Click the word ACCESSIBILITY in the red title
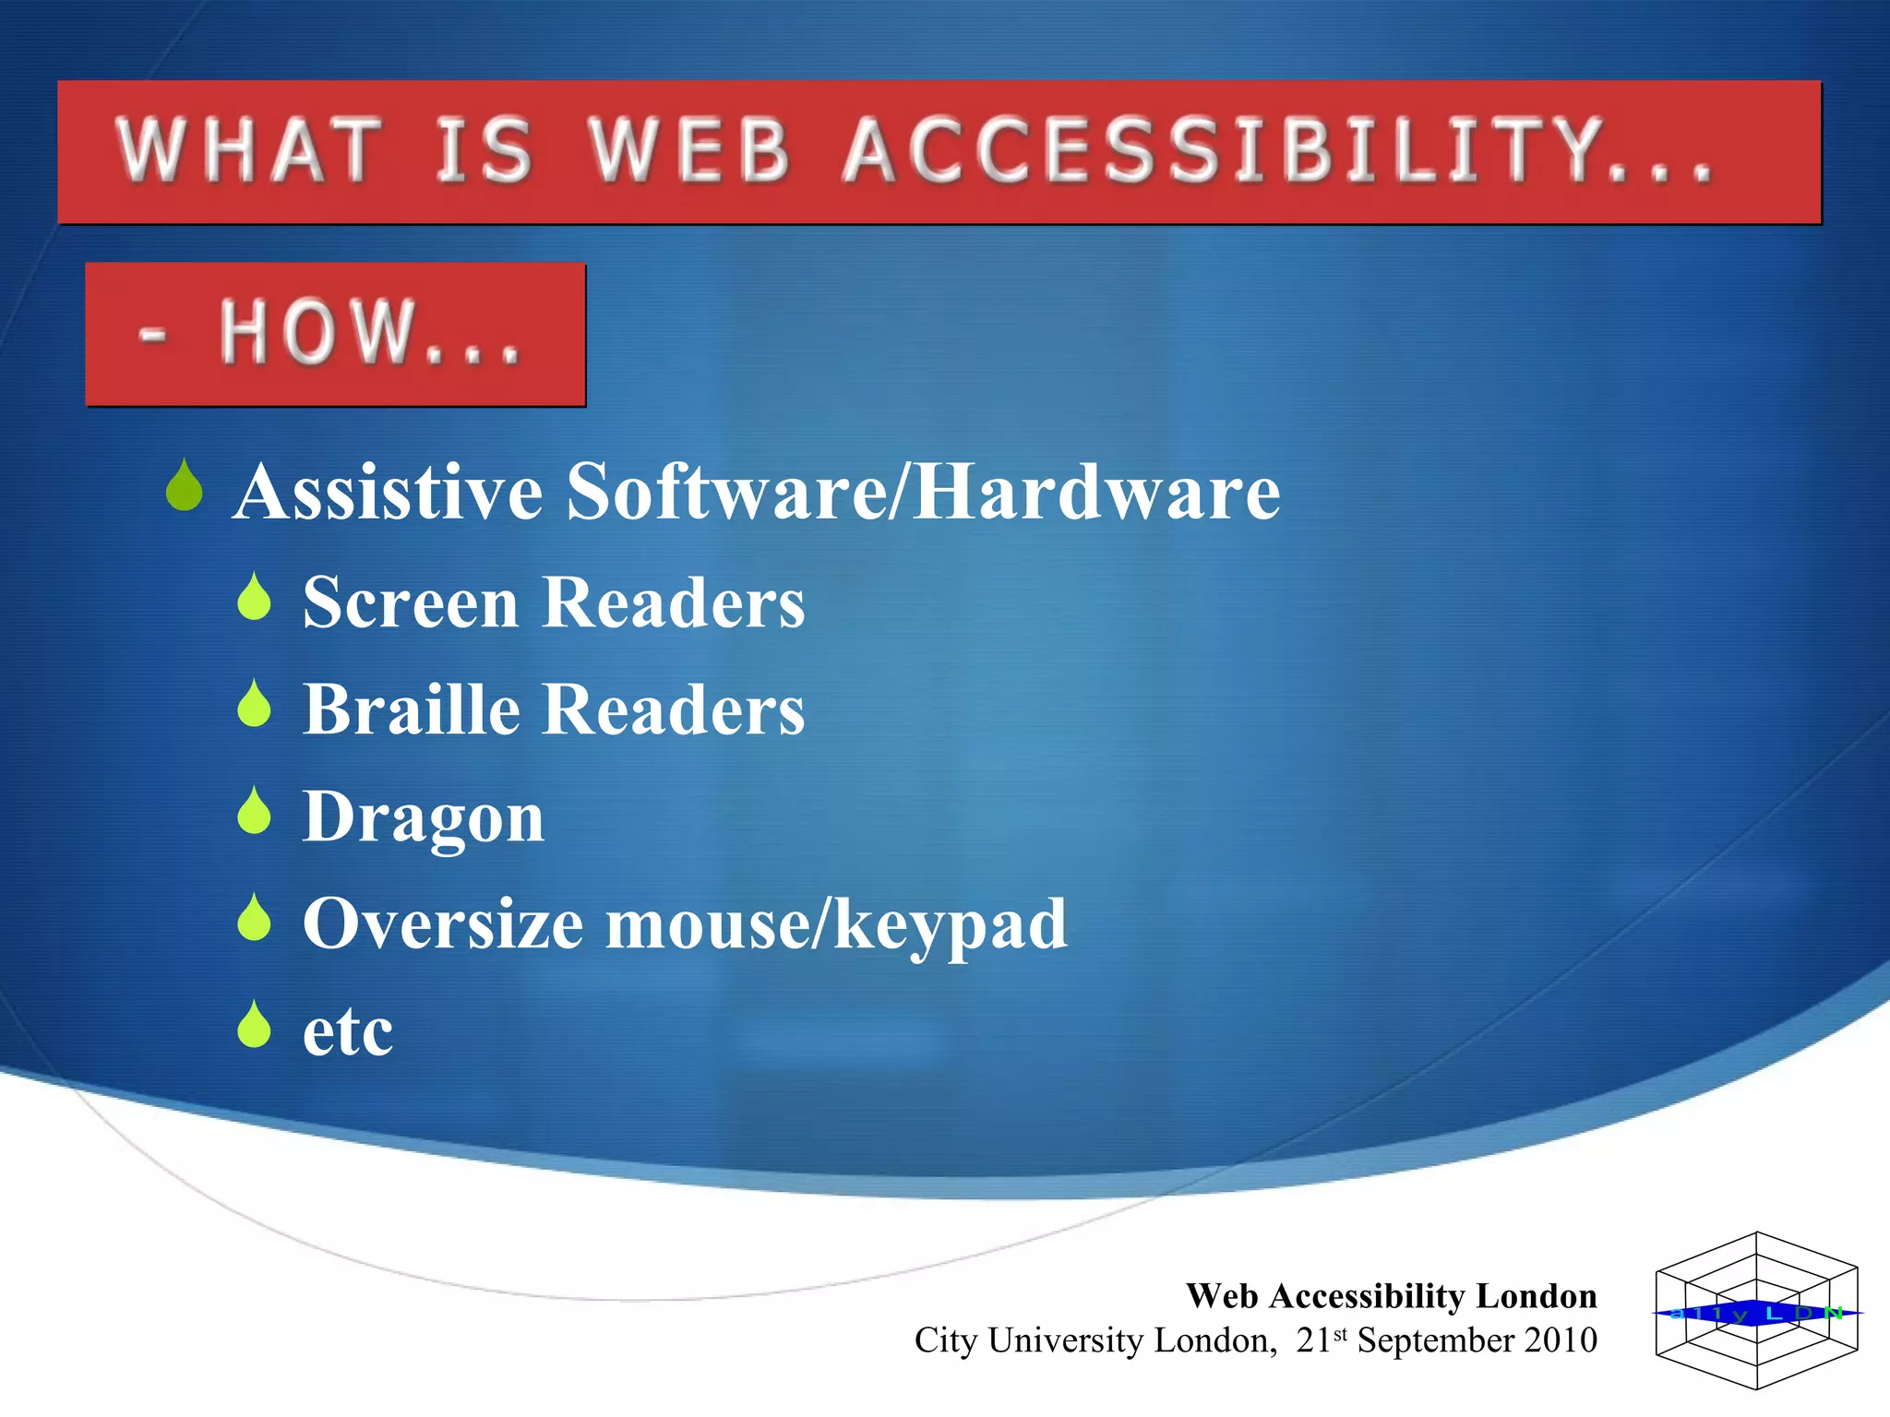[1278, 150]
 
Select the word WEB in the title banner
[690, 150]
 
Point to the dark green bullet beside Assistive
[185, 487]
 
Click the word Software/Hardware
[923, 492]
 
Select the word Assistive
[388, 492]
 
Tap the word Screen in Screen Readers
[411, 602]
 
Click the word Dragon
[424, 818]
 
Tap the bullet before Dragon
[254, 812]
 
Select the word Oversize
[443, 923]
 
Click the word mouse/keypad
[835, 925]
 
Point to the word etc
[348, 1032]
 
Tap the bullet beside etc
[254, 1026]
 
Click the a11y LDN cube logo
[1756, 1311]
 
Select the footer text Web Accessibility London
[1391, 1296]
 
